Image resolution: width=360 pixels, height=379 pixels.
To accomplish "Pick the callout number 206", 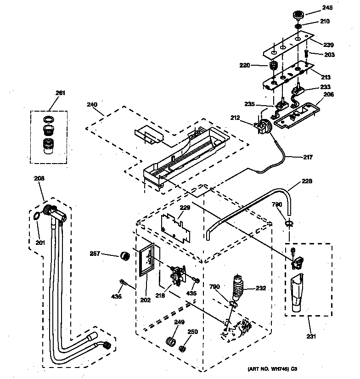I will coord(329,95).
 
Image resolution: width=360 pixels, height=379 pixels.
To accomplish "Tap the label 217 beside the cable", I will coord(307,157).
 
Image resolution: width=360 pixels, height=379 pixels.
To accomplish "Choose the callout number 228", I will coord(307,181).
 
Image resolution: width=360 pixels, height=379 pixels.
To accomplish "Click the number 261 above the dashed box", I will coord(61,93).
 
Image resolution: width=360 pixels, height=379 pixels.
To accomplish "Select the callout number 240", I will coord(92,105).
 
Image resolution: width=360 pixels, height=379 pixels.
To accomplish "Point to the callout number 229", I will coord(185,208).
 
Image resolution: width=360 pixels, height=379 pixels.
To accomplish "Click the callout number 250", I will coord(193,332).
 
